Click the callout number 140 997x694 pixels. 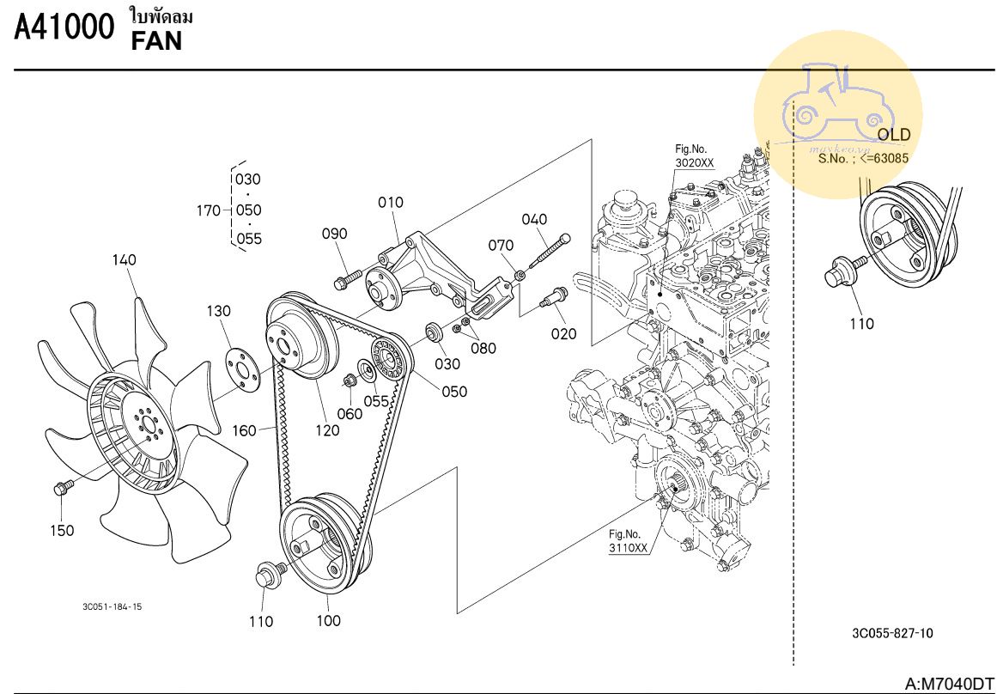(x=124, y=260)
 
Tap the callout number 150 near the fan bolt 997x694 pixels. (x=62, y=531)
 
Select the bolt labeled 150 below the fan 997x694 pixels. (x=62, y=489)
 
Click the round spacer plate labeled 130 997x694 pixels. (x=244, y=368)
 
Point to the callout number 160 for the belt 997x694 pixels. (x=245, y=430)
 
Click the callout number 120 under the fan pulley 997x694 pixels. (x=327, y=430)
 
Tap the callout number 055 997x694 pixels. (x=376, y=400)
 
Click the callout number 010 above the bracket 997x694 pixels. (x=391, y=203)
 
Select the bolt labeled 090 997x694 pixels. (x=344, y=280)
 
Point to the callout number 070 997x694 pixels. (x=501, y=247)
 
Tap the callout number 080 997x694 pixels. (x=483, y=349)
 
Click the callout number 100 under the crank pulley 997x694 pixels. (x=328, y=620)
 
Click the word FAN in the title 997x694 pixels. (x=156, y=40)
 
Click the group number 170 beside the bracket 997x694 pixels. (x=208, y=210)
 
